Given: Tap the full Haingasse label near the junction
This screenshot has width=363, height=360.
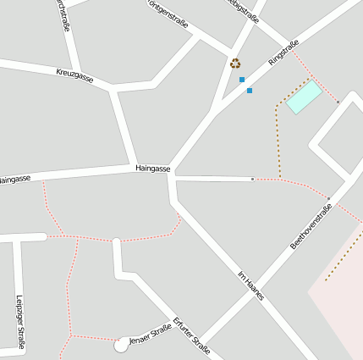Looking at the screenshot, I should pyautogui.click(x=153, y=169).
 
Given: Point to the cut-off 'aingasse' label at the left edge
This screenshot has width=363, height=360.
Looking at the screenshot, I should pyautogui.click(x=14, y=180).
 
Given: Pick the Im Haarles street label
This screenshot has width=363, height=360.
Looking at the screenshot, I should pyautogui.click(x=250, y=285).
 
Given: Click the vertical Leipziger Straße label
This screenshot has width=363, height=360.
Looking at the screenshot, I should pyautogui.click(x=19, y=321).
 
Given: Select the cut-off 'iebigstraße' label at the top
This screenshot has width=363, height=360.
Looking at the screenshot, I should pyautogui.click(x=244, y=11).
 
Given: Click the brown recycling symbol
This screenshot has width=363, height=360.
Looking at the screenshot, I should pyautogui.click(x=235, y=63).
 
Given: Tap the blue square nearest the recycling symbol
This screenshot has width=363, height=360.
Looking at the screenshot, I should pyautogui.click(x=242, y=80).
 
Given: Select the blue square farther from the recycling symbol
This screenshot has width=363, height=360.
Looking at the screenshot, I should pyautogui.click(x=250, y=90).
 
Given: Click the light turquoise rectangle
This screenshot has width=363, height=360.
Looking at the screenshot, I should pyautogui.click(x=304, y=97).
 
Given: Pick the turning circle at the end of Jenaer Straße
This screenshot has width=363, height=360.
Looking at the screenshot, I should pyautogui.click(x=122, y=346).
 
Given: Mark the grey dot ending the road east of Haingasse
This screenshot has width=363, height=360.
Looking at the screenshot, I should pyautogui.click(x=252, y=179).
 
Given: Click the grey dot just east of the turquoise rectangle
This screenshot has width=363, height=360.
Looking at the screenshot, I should pyautogui.click(x=338, y=102).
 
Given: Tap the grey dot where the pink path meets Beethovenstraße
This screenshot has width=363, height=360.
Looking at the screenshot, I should pyautogui.click(x=328, y=198).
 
